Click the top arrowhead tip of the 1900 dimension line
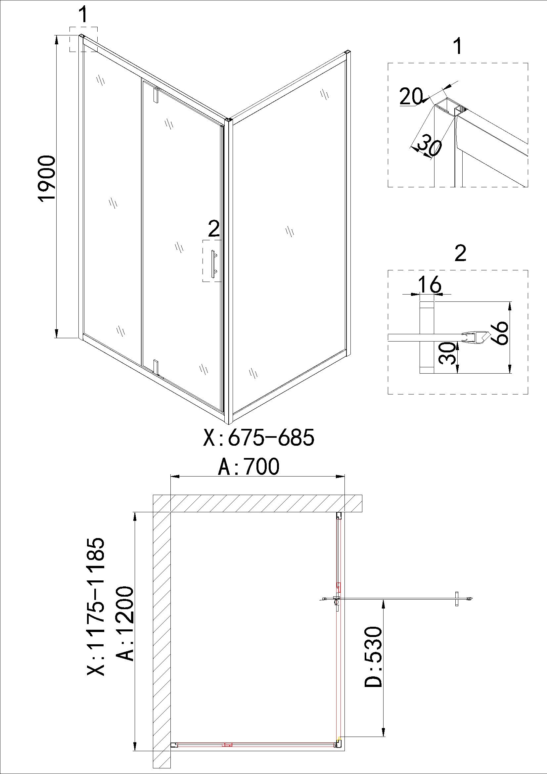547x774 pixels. pos(56,35)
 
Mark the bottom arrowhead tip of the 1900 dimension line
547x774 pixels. pos(56,338)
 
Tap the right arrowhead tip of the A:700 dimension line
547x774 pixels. pos(345,476)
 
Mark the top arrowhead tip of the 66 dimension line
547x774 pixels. pos(510,301)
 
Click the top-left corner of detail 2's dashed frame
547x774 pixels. pos(388,270)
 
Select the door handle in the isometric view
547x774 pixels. pos(214,264)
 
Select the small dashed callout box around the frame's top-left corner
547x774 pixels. pos(84,39)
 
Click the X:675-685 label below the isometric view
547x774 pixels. pos(259,438)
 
